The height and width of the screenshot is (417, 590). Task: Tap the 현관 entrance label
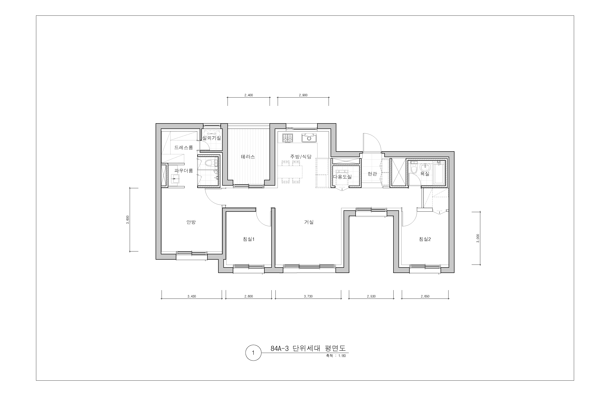(x=372, y=174)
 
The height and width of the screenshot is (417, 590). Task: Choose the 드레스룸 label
(x=183, y=147)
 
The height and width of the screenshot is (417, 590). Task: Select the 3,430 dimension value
(x=192, y=296)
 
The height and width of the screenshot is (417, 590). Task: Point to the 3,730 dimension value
(x=308, y=296)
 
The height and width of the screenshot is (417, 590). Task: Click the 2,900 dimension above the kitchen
(x=303, y=95)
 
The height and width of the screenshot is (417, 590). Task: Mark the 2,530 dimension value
(x=371, y=296)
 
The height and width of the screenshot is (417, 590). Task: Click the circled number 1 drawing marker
(x=253, y=353)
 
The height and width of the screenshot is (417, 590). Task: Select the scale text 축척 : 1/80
(x=336, y=356)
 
